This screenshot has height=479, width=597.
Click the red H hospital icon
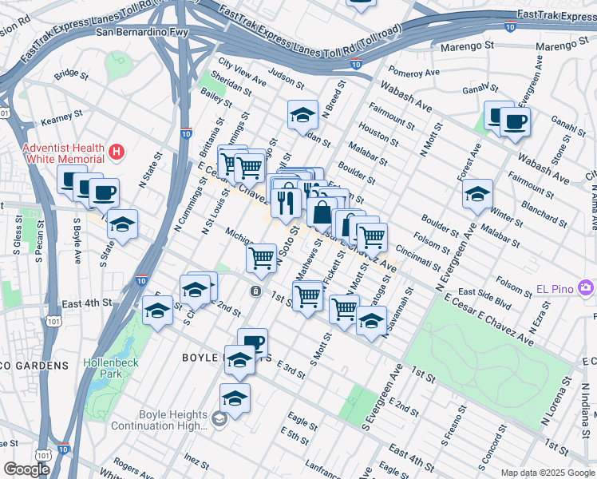(118, 150)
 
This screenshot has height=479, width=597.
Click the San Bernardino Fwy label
(144, 33)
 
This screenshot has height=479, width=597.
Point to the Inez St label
(196, 461)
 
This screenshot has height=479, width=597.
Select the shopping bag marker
(321, 213)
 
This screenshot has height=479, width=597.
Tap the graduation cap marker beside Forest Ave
(477, 194)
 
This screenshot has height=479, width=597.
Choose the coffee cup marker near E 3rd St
(252, 342)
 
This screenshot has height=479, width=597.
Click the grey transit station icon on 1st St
(255, 291)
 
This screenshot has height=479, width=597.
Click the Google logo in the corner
(26, 469)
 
